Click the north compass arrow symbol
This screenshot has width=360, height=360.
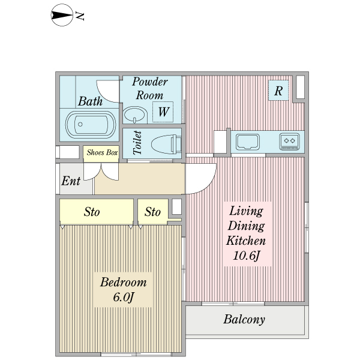coord(62,16)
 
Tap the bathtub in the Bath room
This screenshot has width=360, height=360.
coord(89,125)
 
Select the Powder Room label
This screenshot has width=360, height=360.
coord(149,88)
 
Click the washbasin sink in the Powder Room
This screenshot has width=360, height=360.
coord(134,114)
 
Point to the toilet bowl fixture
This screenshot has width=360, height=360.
coord(164,144)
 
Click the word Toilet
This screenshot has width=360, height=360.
coord(137,143)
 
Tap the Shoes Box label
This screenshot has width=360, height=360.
coord(101,152)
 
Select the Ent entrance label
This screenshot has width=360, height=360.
coord(71,181)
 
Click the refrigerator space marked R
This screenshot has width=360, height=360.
coord(278,91)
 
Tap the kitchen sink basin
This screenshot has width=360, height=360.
coord(247,142)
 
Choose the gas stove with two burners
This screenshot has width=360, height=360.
coord(290,142)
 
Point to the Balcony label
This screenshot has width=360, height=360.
coord(244,319)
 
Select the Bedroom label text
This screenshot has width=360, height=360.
coord(123,283)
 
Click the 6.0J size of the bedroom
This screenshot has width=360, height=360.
coord(122,297)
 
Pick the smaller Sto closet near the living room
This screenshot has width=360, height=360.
coord(153,212)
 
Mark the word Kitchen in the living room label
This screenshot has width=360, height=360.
coord(245,241)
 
